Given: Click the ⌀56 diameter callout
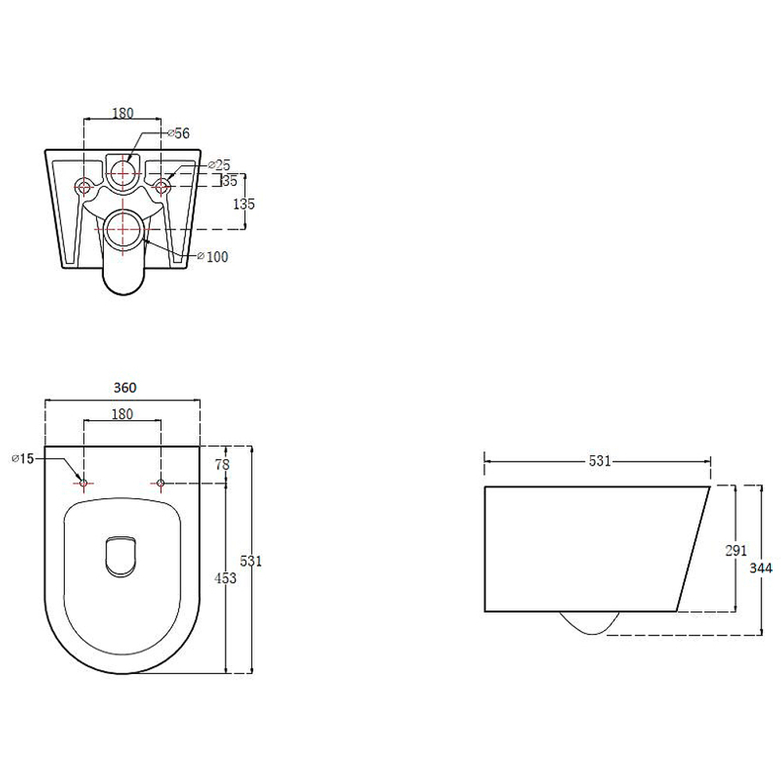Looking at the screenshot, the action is point(178,133).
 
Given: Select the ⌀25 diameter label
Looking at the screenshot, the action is point(219,165).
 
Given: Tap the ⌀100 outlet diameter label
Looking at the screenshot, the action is point(212,256).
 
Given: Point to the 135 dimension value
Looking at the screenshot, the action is point(244,203).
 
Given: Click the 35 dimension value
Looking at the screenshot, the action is point(230,180).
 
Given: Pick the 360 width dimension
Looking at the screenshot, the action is point(124,387).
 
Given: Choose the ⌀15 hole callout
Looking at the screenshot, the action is point(23,458).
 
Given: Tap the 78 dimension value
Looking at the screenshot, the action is point(222,464).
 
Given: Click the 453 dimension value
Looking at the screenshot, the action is point(225,578).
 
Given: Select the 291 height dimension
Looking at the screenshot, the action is point(736,551).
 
